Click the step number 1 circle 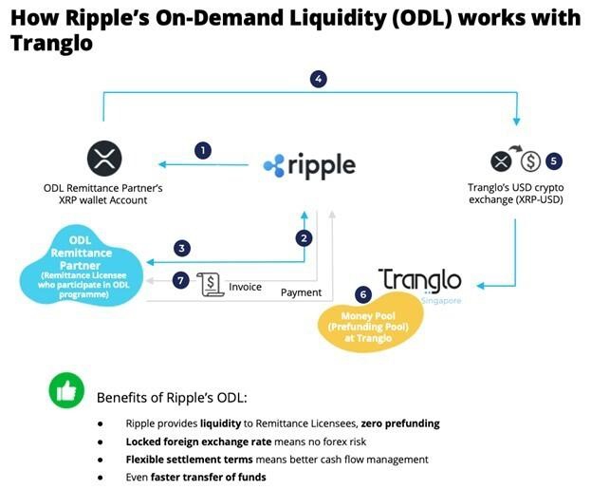click(203, 151)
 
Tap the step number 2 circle click(304, 238)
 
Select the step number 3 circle click(182, 248)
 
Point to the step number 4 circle click(319, 79)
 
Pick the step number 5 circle click(554, 161)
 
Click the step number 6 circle click(363, 294)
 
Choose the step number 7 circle click(180, 281)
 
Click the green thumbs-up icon click(66, 390)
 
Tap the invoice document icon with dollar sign click(210, 284)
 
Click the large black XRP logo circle click(104, 159)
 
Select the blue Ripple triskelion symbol click(274, 165)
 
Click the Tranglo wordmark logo click(420, 281)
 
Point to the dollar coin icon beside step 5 click(530, 161)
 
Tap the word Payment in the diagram click(301, 292)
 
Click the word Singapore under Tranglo click(441, 301)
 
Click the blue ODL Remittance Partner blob click(81, 265)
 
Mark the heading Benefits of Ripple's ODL click(172, 398)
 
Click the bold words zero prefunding click(400, 423)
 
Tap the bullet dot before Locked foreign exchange click(101, 442)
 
